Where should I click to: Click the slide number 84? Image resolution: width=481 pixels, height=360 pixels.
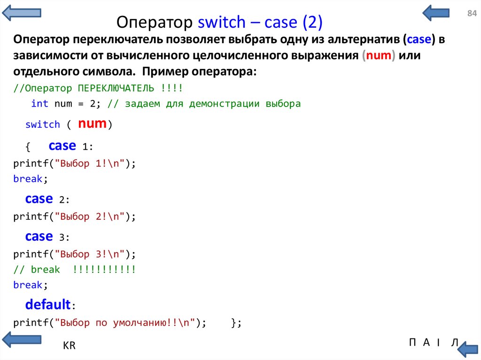pyautogui.click(x=472, y=13)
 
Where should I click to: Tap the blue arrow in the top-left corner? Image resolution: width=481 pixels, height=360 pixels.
pyautogui.click(x=22, y=13)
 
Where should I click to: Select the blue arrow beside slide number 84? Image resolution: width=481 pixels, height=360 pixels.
pyautogui.click(x=436, y=13)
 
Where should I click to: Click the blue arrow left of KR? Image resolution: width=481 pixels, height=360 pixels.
pyautogui.click(x=22, y=339)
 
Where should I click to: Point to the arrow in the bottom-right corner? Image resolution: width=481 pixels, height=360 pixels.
pyautogui.click(x=468, y=349)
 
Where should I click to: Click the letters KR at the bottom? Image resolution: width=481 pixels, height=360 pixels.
pyautogui.click(x=69, y=345)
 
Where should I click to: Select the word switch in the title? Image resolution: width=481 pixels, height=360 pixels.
pyautogui.click(x=222, y=22)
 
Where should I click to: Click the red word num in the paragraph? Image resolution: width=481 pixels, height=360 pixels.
pyautogui.click(x=379, y=55)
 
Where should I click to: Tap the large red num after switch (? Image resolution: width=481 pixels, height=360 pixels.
pyautogui.click(x=92, y=123)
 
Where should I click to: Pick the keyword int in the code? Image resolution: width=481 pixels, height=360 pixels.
pyautogui.click(x=39, y=103)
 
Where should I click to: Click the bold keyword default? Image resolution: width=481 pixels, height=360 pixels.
pyautogui.click(x=48, y=305)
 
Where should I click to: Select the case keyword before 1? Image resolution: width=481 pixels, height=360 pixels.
pyautogui.click(x=62, y=146)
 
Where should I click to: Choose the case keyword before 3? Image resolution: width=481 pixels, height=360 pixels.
pyautogui.click(x=39, y=237)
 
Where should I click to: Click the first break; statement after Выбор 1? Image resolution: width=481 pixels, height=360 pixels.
pyautogui.click(x=31, y=179)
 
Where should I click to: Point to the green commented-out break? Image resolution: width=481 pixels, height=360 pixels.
pyautogui.click(x=46, y=269)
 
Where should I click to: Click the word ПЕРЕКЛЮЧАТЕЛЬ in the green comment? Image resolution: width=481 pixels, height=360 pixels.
pyautogui.click(x=116, y=88)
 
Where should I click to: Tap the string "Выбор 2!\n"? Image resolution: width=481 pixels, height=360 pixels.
pyautogui.click(x=90, y=216)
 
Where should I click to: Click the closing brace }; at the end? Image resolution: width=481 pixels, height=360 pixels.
pyautogui.click(x=236, y=323)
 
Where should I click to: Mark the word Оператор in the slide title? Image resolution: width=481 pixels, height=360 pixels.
pyautogui.click(x=154, y=23)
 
